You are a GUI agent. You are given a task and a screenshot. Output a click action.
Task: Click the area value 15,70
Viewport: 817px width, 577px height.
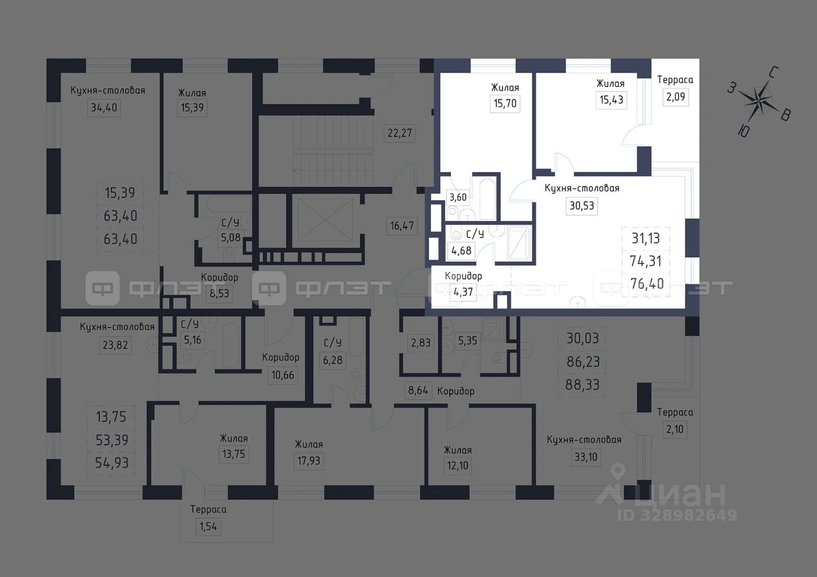coord(505,103)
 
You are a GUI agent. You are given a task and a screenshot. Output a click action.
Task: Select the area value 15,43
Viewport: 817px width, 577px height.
coord(611,100)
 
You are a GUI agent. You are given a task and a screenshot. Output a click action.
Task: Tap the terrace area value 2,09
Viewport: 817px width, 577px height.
coord(675,96)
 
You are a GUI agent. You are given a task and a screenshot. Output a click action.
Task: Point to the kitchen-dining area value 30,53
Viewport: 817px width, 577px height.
coord(581,206)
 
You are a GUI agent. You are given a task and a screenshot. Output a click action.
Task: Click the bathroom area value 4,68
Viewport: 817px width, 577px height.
coord(461,251)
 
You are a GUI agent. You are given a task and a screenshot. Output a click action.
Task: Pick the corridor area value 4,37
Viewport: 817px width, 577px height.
coord(463,292)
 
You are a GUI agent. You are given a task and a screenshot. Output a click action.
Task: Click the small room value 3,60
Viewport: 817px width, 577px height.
coord(458,197)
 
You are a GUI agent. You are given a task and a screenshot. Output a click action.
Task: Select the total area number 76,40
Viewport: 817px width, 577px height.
coord(647,284)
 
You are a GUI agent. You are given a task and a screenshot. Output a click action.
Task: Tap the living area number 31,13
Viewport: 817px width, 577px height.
coord(645,238)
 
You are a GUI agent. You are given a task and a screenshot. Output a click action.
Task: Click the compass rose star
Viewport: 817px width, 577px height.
coord(760,100)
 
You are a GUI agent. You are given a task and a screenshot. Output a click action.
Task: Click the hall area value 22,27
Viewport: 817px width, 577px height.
coord(400,133)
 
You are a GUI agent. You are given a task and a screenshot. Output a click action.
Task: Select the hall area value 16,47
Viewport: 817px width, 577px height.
coord(402,225)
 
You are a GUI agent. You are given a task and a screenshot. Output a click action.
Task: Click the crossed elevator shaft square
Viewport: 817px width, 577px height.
coord(326,220)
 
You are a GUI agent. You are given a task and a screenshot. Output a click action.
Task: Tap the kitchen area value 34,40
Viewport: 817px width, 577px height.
coord(104,108)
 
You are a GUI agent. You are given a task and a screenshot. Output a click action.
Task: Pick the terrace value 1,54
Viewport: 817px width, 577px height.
coord(208,527)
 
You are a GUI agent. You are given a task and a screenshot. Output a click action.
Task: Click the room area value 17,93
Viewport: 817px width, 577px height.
coord(308,461)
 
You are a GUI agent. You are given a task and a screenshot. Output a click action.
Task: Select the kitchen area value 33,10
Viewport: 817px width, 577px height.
coord(586,456)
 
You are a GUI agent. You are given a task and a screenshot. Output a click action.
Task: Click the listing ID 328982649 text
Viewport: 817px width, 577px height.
coord(677,515)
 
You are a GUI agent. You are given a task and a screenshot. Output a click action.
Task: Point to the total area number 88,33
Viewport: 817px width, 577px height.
coord(583,384)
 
